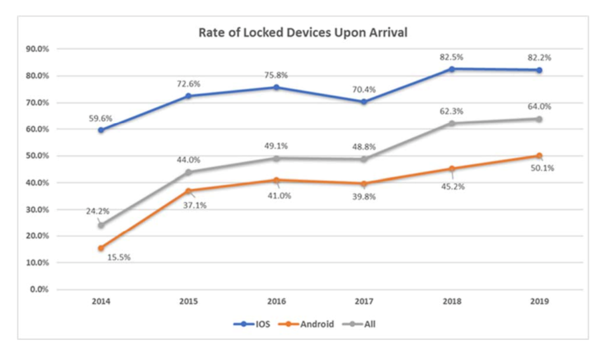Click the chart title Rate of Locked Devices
point(303,33)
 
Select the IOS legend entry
point(258,324)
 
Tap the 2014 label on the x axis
point(101,302)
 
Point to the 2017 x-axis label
point(364,302)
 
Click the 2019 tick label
point(539,302)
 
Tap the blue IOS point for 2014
point(101,130)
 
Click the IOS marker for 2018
point(452,69)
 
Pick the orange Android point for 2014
point(101,248)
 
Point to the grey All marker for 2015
point(189,172)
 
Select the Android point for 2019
point(539,156)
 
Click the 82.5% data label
point(452,57)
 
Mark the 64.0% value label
point(539,107)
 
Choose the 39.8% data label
point(364,196)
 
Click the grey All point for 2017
point(364,159)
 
